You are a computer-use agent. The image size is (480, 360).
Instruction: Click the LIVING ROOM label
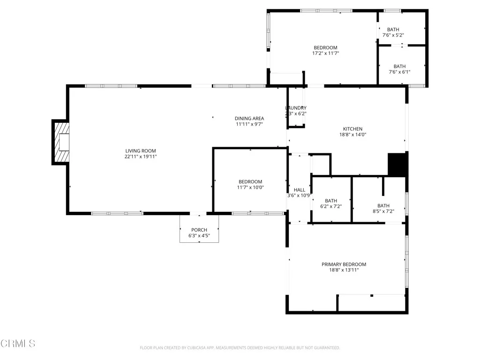pyautogui.click(x=141, y=150)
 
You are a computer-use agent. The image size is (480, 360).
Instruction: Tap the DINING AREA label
pyautogui.click(x=249, y=118)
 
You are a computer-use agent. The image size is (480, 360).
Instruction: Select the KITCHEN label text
pyautogui.click(x=352, y=129)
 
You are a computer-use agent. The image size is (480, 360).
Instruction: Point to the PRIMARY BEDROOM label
pyautogui.click(x=344, y=264)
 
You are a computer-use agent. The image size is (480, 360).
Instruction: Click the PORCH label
pyautogui.click(x=199, y=230)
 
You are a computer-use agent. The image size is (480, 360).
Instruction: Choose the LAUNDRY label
pyautogui.click(x=296, y=108)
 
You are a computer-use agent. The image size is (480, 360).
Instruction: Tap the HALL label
pyautogui.click(x=299, y=190)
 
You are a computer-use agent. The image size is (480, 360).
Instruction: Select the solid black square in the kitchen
pyautogui.click(x=397, y=165)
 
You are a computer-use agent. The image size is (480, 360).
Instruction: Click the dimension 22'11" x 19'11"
pyautogui.click(x=141, y=157)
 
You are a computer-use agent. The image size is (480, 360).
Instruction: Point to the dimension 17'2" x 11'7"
pyautogui.click(x=325, y=53)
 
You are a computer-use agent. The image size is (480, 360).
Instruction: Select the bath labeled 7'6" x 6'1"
pyautogui.click(x=399, y=69)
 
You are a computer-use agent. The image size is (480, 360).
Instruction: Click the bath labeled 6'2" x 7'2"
pyautogui.click(x=331, y=203)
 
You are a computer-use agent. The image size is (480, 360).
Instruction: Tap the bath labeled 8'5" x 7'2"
pyautogui.click(x=383, y=208)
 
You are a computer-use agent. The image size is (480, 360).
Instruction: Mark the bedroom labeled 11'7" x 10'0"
pyautogui.click(x=250, y=184)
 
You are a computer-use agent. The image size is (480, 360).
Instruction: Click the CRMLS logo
pyautogui.click(x=18, y=344)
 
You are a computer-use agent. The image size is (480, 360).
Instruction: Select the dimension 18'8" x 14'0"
pyautogui.click(x=352, y=135)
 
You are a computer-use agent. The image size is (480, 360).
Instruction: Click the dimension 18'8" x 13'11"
pyautogui.click(x=344, y=270)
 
